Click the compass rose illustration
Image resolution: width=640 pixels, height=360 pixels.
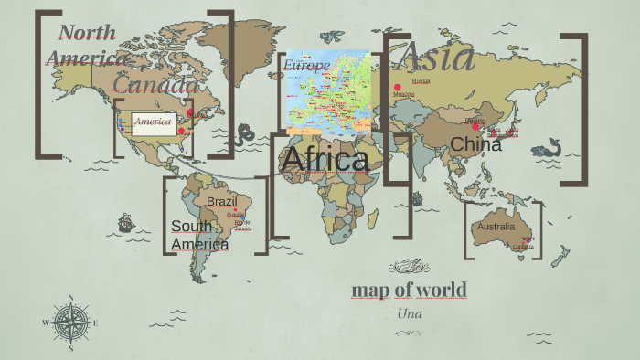70,322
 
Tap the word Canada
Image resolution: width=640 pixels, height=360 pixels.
155,85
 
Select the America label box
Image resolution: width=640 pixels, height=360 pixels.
153,122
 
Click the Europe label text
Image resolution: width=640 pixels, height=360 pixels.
305,66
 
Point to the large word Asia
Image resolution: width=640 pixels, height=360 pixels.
437,57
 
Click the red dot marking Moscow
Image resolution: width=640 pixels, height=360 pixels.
398,87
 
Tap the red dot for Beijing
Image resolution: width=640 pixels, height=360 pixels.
476,127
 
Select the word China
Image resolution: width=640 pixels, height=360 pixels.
475,144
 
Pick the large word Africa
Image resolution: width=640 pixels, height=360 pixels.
325,160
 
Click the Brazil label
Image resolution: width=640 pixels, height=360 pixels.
221,201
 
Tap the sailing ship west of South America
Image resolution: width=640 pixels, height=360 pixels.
125,222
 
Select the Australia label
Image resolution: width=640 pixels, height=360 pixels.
496,226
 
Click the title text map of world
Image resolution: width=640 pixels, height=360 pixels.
409,291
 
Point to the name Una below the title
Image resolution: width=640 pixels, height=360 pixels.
409,312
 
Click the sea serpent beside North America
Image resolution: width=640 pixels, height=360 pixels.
244,136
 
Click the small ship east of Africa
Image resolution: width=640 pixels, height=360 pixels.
417,198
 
